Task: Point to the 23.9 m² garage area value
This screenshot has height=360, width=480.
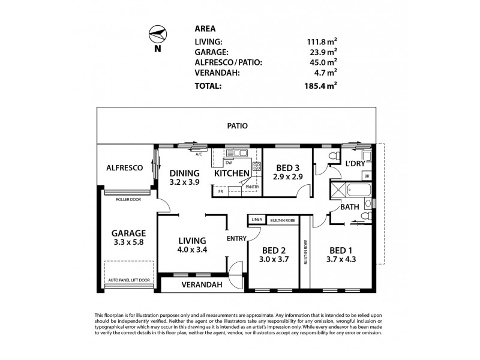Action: pos(320,53)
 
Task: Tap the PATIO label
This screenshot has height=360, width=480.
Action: pos(238,126)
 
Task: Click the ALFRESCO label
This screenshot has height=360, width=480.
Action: pos(124,169)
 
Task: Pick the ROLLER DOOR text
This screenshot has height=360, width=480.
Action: pos(128,199)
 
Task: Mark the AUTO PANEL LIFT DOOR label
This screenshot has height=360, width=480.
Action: pos(128,280)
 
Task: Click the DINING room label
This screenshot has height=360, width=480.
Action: pos(184,173)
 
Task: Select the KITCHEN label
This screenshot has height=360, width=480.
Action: pos(232,173)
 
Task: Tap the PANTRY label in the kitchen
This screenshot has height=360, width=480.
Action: pos(252,187)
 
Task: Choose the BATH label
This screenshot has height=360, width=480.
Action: pos(350,207)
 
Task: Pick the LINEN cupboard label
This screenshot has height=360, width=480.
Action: pos(256,220)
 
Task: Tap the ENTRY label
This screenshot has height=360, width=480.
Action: pos(237,239)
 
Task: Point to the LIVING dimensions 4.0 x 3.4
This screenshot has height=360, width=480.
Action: pos(192,250)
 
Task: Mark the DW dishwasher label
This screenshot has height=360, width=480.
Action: pos(229,163)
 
